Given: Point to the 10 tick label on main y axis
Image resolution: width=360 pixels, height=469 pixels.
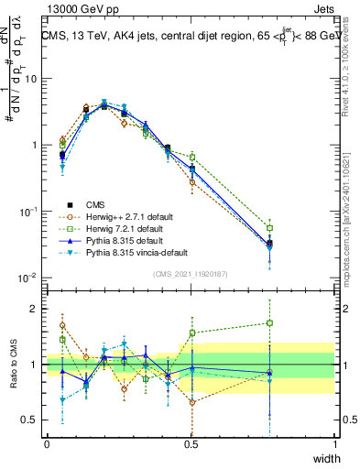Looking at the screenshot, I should tap(30, 79).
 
